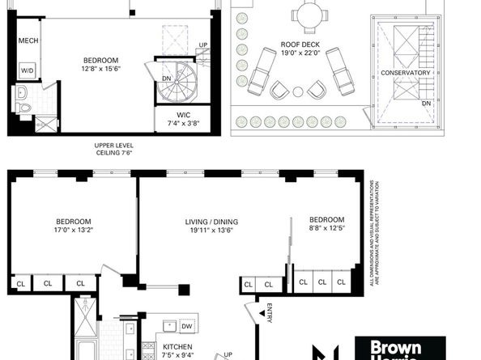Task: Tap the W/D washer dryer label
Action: (27, 71)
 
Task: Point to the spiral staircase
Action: (174, 78)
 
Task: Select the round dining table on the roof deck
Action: (308, 15)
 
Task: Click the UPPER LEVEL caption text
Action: (113, 146)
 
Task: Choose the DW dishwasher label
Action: (188, 328)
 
